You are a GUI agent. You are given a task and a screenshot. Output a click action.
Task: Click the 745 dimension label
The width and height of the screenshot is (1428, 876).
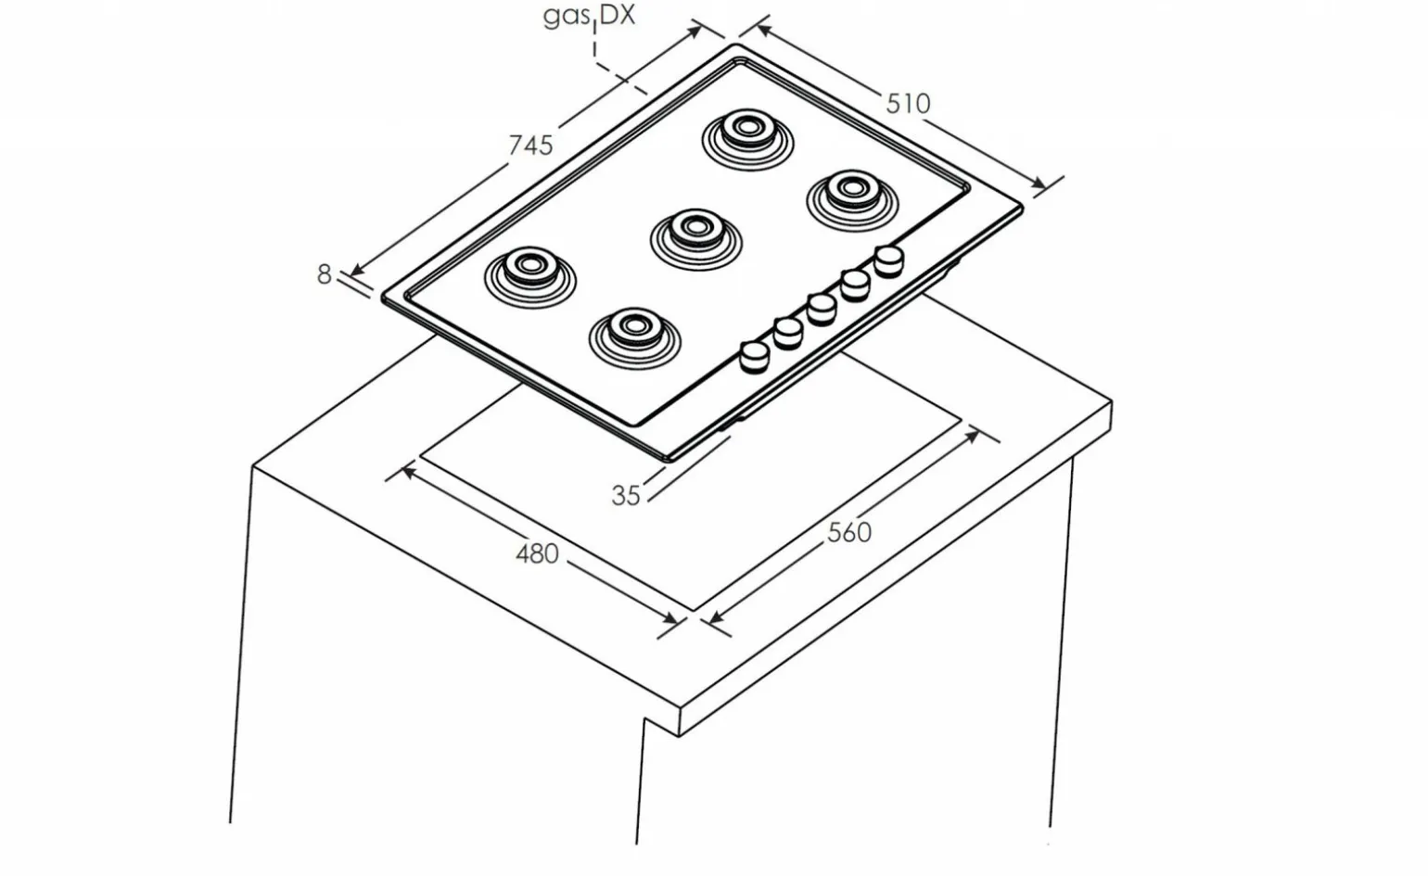[530, 146]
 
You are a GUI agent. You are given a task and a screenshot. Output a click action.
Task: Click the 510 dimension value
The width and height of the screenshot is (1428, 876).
[909, 103]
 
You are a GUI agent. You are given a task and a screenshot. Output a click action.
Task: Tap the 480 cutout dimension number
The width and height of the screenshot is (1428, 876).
[537, 553]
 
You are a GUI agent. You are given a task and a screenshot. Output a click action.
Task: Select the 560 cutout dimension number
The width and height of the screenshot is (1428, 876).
[849, 533]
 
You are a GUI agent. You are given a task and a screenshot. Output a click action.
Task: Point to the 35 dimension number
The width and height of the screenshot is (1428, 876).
[625, 496]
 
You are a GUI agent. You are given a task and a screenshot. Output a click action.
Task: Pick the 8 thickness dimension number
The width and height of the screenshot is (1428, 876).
[324, 274]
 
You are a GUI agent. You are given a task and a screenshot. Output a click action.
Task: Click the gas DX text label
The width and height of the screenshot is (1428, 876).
[589, 15]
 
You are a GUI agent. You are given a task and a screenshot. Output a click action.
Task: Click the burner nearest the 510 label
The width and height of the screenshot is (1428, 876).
[852, 200]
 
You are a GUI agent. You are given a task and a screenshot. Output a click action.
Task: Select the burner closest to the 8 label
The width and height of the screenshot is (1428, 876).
[529, 277]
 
